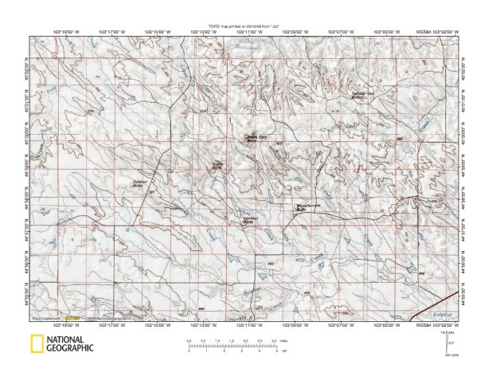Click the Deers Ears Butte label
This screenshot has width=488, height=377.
point(256,137)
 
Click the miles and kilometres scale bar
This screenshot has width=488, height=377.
point(235,345)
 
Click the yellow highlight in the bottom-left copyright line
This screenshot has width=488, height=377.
point(72,319)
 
